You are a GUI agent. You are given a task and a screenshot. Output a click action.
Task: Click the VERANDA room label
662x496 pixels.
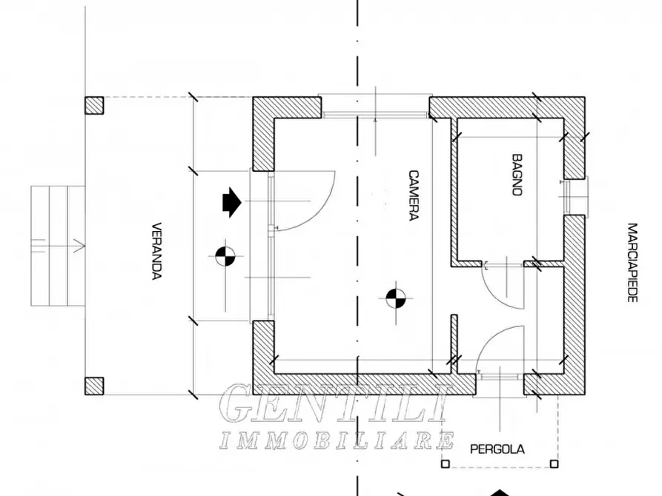coord(156,251)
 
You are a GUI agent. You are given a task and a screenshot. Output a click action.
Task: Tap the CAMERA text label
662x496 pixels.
coord(414,195)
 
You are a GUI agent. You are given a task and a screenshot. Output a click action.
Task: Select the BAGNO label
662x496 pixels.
coord(517,175)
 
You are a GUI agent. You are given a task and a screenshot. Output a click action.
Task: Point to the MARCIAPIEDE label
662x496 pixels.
coord(632,262)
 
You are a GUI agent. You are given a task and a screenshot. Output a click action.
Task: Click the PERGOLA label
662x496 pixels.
coord(497,449)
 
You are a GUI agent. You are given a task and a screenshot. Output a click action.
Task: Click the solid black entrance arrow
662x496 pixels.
coord(232,202)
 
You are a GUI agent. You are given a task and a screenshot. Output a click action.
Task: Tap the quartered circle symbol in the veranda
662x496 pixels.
coord(225,256)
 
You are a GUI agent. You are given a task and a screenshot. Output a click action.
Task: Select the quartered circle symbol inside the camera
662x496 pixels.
coord(396,298)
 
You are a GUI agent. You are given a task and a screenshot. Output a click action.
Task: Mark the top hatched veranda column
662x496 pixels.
coord(94,105)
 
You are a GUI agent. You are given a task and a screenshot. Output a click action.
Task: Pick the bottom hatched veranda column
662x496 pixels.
coord(94,386)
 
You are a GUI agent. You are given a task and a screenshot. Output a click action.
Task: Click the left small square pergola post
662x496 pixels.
coord(445,464)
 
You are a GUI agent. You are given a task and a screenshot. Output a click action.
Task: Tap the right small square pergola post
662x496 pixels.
coord(555,464)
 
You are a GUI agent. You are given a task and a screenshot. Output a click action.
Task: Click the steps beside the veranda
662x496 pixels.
coord(59,246)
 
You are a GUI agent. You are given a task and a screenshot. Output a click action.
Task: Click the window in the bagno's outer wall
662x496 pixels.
coord(575,196)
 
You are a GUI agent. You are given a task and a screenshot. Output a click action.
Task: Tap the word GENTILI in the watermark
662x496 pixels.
coord(334,403)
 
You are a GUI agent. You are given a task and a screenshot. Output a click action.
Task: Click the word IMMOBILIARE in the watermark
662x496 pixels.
coord(337,440)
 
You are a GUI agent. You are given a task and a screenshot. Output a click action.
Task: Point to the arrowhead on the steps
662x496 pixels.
coord(79,246)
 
